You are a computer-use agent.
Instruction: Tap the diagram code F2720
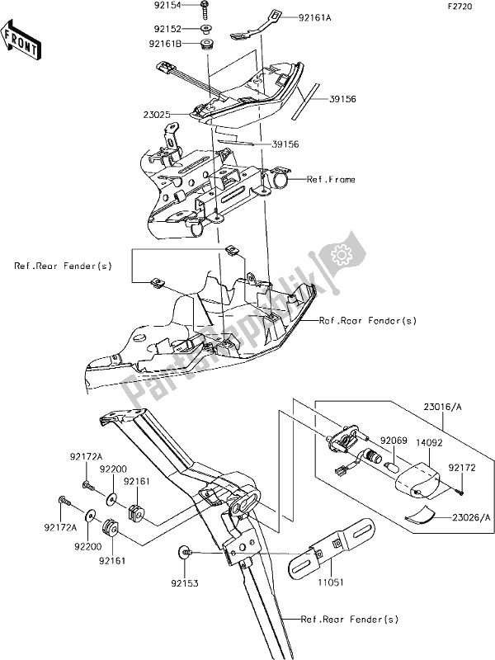tap(460, 7)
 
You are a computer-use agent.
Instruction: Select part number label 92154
tap(167, 6)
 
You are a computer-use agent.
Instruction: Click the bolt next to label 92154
tap(205, 9)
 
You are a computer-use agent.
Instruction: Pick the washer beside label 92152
tap(205, 29)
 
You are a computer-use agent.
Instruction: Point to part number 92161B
tap(165, 44)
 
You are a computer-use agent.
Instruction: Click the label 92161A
tap(315, 18)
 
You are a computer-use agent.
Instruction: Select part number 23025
tap(157, 114)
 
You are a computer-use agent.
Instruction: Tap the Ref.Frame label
tap(331, 180)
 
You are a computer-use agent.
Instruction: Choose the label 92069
tap(394, 441)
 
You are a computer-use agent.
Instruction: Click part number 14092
tap(429, 443)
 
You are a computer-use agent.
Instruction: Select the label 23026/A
tap(471, 517)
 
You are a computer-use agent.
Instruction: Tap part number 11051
tap(331, 582)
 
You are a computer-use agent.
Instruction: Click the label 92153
tap(185, 583)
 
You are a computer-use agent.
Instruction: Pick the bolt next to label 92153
tap(185, 552)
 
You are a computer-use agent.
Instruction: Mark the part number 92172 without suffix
tap(462, 468)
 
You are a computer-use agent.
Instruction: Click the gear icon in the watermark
tap(340, 254)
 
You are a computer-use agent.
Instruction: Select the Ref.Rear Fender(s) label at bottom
tap(349, 620)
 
